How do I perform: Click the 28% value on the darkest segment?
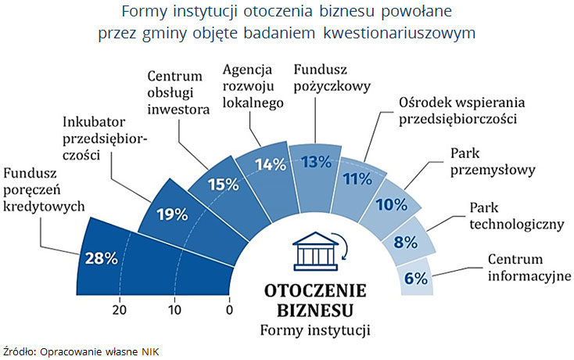coord(101,258)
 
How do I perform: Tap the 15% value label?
coord(222,184)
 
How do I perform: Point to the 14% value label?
coord(271,165)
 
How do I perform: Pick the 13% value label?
coord(316,162)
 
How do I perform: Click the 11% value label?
coord(357,179)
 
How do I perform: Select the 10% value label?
coord(391,206)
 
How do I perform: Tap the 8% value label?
coord(405,242)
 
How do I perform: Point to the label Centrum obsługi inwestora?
coord(178,92)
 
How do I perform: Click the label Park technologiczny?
coord(516,216)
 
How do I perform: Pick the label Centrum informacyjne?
coord(529,267)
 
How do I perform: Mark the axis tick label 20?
coord(120,308)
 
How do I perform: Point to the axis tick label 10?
coord(174,308)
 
